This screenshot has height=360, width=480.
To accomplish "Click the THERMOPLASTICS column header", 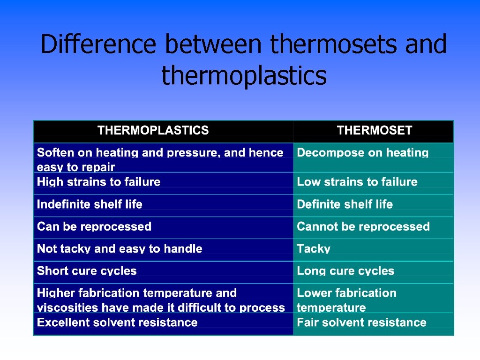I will point(153,130).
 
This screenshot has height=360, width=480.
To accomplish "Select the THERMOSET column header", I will point(374,130).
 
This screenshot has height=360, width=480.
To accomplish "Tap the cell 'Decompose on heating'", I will point(363,153).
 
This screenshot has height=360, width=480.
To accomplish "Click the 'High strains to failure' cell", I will point(98,182).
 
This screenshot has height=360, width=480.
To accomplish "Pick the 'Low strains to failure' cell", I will point(357,182).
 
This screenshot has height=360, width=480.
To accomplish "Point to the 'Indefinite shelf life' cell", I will point(90,204).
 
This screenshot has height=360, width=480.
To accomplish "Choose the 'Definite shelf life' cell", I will point(345,204).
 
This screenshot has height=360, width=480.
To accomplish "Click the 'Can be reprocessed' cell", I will point(94,226).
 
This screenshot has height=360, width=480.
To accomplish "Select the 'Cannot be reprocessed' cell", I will point(363,226).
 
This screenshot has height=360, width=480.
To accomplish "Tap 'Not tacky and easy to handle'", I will point(120,249).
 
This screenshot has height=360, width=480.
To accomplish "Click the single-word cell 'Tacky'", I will point(314,249).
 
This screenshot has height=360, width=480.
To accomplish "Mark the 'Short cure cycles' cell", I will point(87,271).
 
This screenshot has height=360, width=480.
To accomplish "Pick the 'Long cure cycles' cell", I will point(345,271).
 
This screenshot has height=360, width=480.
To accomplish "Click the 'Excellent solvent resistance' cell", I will point(117,322).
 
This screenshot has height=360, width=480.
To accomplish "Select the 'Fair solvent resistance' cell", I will point(361,322).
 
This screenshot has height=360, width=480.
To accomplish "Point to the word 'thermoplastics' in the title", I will point(244,75).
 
